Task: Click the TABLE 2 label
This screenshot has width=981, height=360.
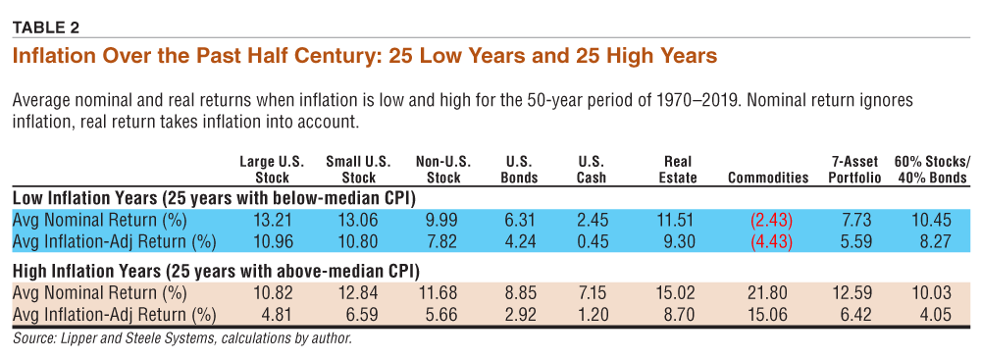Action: [46, 26]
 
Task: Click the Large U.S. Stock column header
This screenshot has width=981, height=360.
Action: [273, 170]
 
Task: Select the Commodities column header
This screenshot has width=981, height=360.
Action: [768, 178]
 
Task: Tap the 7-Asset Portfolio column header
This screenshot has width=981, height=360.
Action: [854, 170]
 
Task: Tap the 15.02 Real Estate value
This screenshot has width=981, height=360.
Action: [679, 292]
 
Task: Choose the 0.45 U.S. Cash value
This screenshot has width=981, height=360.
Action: [592, 240]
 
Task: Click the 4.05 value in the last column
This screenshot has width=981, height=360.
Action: [937, 313]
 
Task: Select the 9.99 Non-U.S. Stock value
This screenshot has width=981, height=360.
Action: [443, 220]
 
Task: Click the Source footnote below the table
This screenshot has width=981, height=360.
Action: [182, 340]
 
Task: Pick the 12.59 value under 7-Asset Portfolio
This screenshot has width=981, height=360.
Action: [854, 292]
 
